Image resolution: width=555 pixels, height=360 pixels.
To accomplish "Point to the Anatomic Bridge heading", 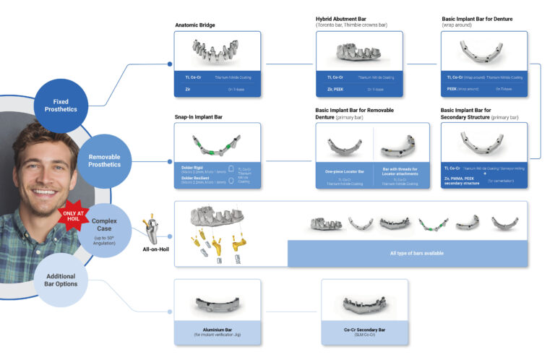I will [x=195, y=25].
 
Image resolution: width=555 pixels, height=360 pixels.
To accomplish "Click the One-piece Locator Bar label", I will [x=343, y=173].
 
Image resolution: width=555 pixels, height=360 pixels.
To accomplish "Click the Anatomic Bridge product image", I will [x=218, y=51].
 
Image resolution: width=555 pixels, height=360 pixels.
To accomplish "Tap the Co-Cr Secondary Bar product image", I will [x=364, y=301].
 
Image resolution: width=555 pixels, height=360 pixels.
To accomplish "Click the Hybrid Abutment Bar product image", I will [x=361, y=51].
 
